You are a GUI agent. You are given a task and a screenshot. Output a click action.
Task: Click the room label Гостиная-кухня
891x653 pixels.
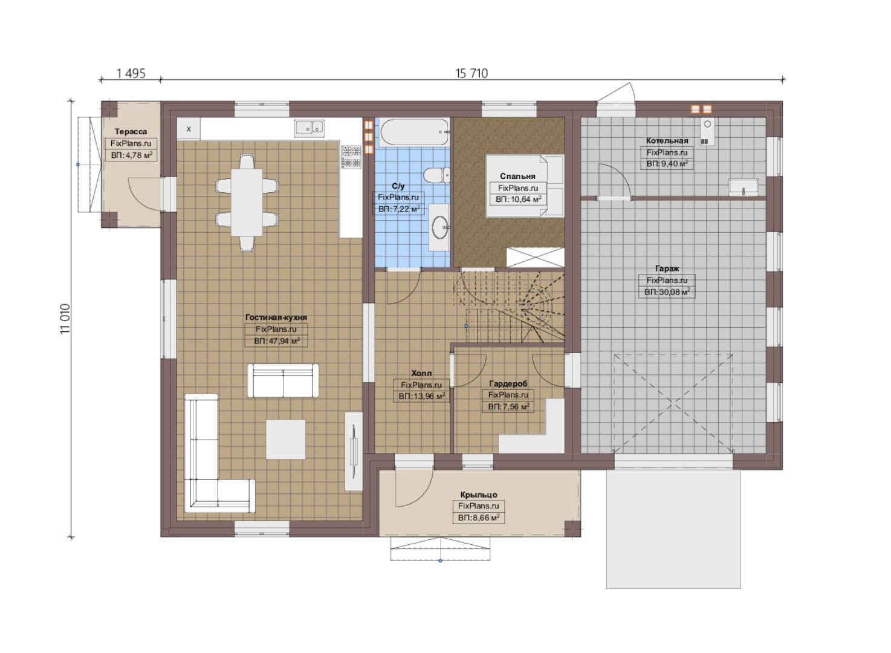[x=276, y=317]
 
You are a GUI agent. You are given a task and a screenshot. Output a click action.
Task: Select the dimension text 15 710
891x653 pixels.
[x=471, y=74]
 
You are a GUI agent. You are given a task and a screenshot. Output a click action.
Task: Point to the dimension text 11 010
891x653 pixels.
[x=65, y=319]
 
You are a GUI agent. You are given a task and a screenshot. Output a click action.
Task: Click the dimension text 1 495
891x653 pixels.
[x=131, y=74]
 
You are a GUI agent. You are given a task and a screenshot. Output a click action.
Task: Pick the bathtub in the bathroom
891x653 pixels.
[x=415, y=132]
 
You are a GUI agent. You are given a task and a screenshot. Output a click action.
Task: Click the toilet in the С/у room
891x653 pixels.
[x=436, y=175]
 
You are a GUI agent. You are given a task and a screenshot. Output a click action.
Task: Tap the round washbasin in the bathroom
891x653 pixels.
[x=439, y=227]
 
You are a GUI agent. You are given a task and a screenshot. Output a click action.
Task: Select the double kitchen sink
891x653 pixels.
[x=309, y=128]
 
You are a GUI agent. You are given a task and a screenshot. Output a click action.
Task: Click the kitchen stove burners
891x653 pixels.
[x=351, y=157]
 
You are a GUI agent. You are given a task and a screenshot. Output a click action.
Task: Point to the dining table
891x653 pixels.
[x=247, y=203]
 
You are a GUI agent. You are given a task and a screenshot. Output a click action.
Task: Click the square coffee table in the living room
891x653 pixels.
[x=285, y=439]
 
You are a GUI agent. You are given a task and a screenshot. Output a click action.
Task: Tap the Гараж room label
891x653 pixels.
[x=667, y=268]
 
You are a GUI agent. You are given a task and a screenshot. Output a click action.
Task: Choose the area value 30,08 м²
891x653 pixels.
[x=667, y=292]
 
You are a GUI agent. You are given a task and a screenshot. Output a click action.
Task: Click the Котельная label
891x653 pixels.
[x=667, y=140]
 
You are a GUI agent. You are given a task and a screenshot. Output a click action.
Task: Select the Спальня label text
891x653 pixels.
[x=517, y=176]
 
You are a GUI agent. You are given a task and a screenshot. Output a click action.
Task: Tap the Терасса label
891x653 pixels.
[x=131, y=131]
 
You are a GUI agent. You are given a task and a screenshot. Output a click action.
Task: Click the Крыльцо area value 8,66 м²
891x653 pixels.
[x=479, y=518]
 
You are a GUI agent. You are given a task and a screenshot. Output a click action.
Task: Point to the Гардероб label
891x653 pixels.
[x=508, y=383]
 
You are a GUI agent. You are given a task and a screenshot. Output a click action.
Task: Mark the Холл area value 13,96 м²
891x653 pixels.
[x=422, y=397]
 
